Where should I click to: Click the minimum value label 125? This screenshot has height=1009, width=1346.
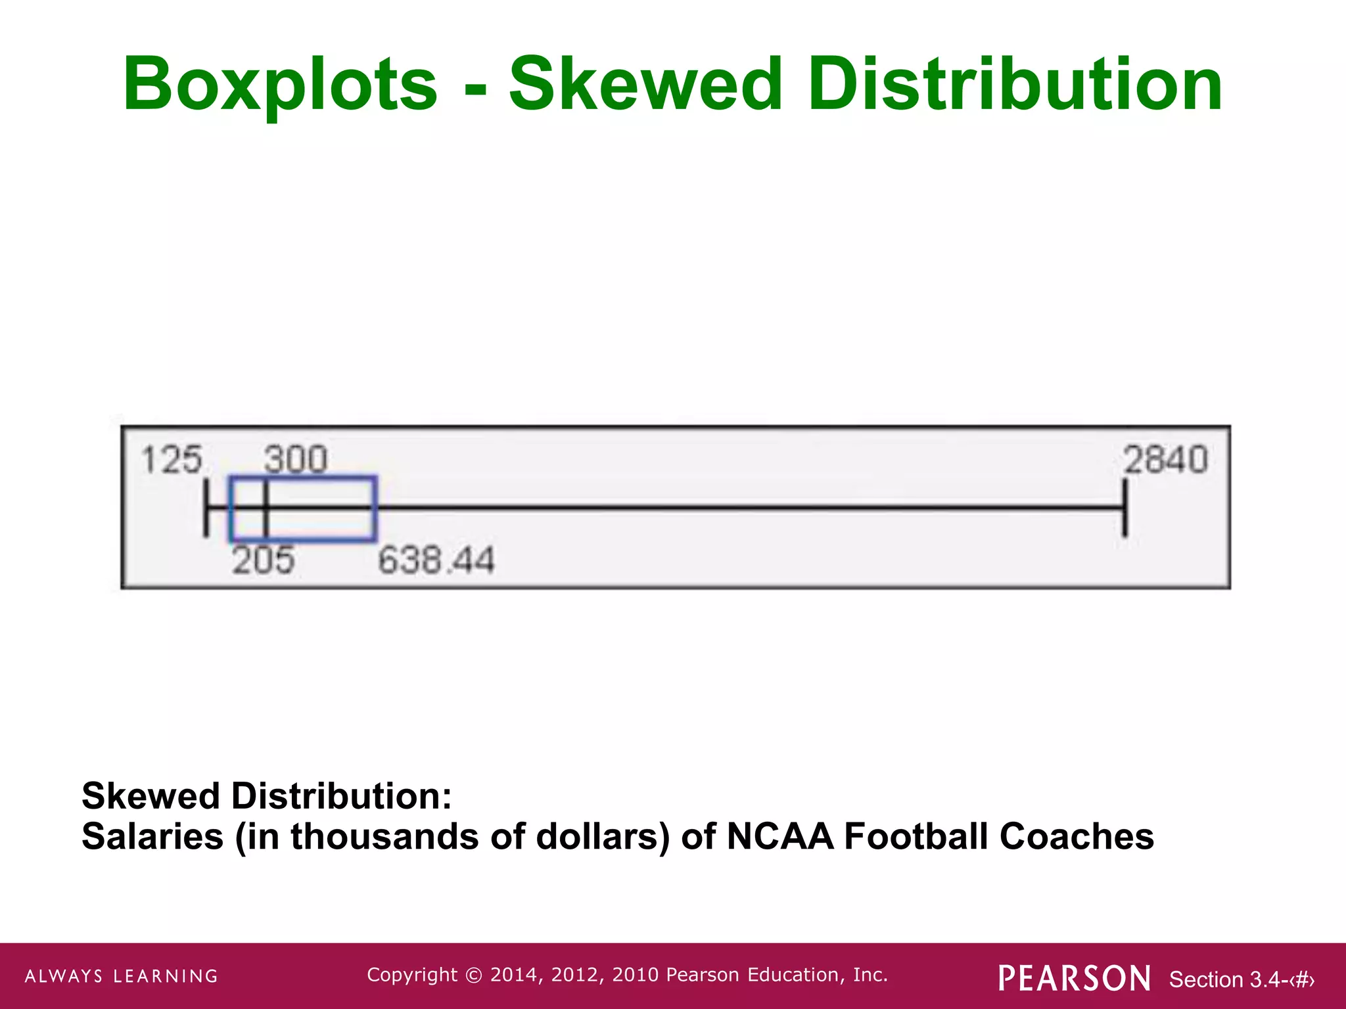172,459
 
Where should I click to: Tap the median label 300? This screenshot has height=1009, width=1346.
296,459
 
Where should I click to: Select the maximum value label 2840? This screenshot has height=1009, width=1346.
1165,459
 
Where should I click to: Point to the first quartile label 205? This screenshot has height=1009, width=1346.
263,561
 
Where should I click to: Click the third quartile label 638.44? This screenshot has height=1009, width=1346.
436,561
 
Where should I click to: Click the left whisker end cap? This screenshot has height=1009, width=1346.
206,508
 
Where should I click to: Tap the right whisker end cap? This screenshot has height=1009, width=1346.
1125,508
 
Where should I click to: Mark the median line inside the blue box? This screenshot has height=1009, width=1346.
266,508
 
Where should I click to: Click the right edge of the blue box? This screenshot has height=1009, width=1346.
375,508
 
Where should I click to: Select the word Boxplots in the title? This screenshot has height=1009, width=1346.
280,85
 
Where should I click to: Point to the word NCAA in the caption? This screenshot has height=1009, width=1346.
780,837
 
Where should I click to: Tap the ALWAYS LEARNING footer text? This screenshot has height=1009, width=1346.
122,976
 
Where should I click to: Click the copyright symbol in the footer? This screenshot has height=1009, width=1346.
473,975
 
